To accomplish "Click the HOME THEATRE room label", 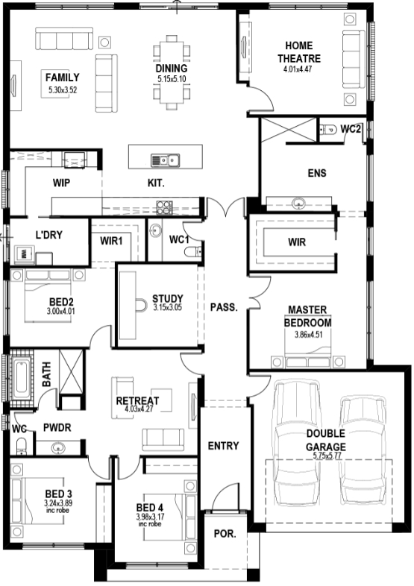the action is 299,52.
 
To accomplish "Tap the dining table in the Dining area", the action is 172,72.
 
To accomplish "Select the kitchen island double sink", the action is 165,160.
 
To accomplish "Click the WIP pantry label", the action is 61,183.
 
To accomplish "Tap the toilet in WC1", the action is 193,252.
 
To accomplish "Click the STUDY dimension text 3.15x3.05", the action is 168,308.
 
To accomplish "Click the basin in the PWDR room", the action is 57,447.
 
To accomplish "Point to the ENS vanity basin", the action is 298,204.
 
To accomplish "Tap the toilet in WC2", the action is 328,130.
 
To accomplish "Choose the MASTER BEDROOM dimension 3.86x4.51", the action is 308,335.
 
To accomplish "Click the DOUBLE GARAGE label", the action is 326,440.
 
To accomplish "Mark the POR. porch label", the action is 225,534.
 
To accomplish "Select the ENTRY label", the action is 223,446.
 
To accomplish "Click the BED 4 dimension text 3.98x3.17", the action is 150,517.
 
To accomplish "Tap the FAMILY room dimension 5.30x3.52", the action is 63,89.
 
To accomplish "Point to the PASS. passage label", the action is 224,307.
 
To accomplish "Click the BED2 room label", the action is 61,302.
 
